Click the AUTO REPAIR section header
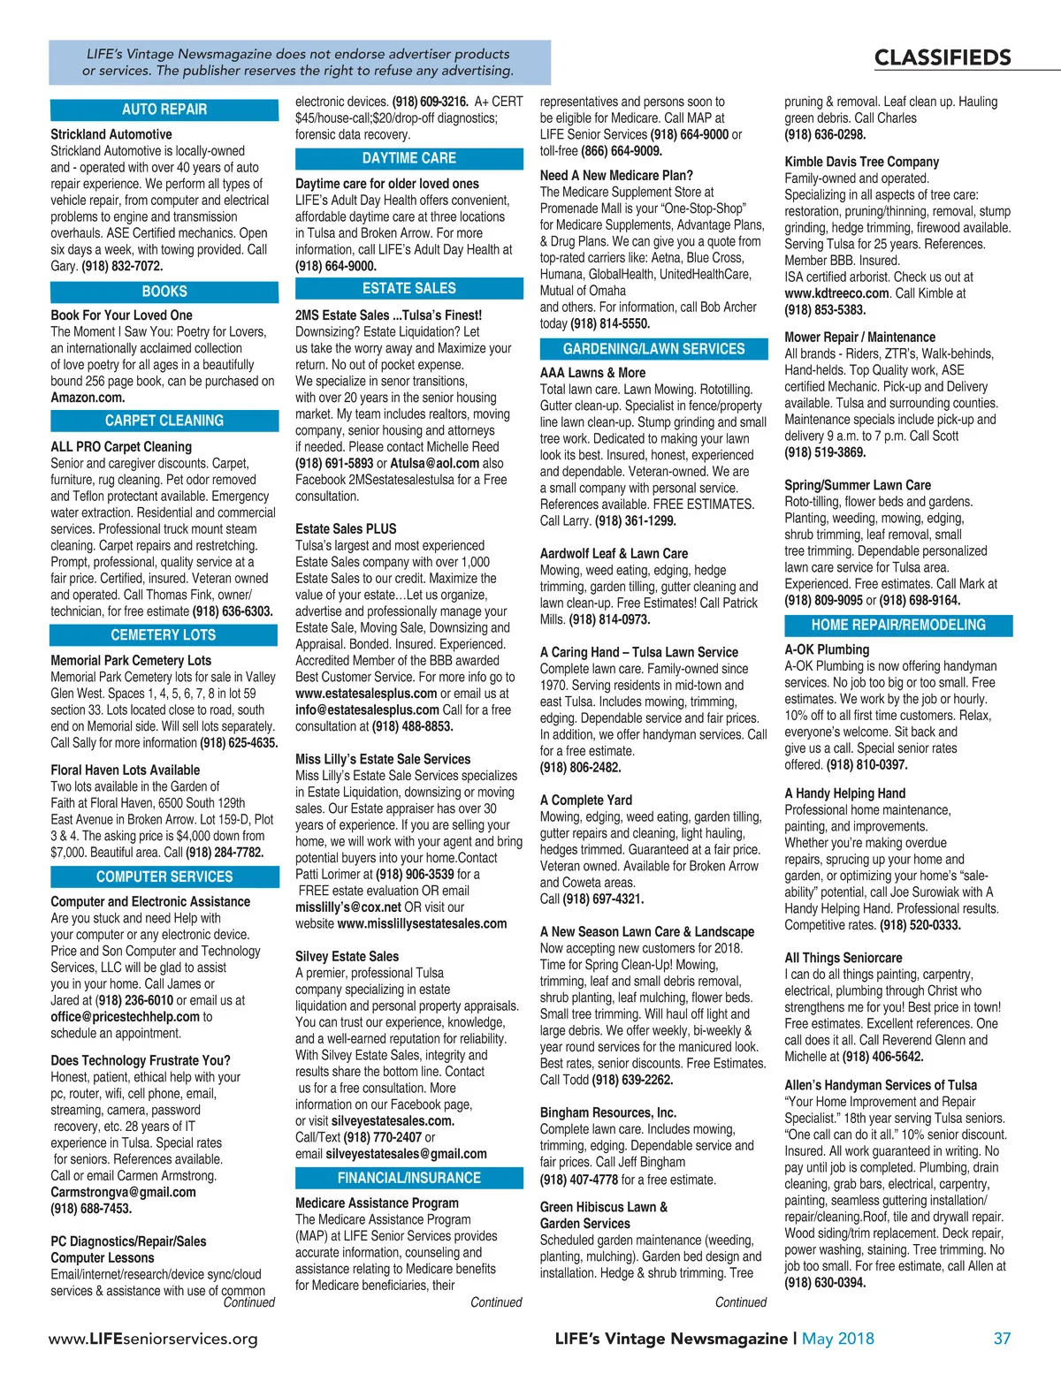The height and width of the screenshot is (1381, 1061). (x=164, y=110)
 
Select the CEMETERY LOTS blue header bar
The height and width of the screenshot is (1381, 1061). (x=164, y=635)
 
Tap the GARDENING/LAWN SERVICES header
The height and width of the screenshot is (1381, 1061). (x=653, y=349)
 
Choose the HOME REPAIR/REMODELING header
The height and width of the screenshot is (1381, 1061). (x=898, y=626)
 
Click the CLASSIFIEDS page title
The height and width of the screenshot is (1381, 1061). (x=943, y=58)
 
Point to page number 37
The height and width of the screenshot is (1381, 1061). (x=1002, y=1339)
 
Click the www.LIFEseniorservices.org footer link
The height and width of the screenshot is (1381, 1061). (x=153, y=1339)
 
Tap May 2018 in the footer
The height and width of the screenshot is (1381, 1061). (x=837, y=1339)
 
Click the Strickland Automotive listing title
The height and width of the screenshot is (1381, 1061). (x=111, y=134)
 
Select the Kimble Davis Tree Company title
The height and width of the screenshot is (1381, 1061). (x=861, y=162)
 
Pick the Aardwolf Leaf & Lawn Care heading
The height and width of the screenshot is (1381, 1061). (x=614, y=553)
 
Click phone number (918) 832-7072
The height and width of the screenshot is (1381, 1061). (x=122, y=266)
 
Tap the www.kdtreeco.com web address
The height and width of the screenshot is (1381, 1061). (x=836, y=293)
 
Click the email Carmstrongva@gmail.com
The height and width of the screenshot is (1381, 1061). (x=123, y=1192)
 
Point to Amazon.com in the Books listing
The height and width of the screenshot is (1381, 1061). (x=88, y=398)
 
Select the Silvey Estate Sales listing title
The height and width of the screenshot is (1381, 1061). (x=347, y=956)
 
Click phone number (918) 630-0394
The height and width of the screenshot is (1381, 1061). (x=825, y=1282)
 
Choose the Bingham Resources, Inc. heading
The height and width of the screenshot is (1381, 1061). (x=607, y=1112)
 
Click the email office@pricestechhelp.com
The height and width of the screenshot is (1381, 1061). (x=125, y=1017)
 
